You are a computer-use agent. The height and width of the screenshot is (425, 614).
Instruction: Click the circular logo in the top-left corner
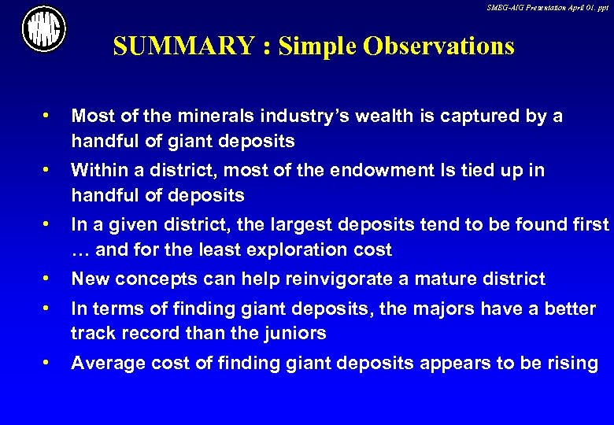point(44,29)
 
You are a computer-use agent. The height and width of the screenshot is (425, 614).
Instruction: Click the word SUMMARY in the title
point(183,46)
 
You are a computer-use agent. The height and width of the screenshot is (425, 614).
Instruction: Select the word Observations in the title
point(439,46)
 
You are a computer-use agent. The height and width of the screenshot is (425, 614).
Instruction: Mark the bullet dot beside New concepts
point(49,279)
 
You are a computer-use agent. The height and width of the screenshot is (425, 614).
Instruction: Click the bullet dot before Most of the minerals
point(49,116)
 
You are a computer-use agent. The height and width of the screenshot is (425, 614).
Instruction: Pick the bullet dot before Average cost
point(49,363)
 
